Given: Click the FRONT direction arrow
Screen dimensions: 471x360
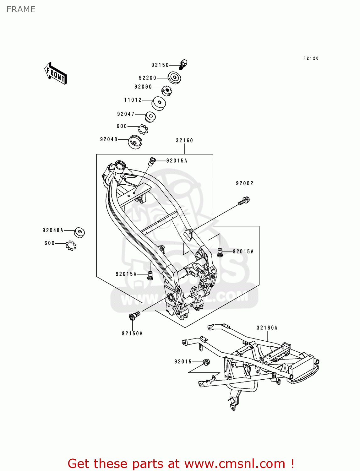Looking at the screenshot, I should [56, 73].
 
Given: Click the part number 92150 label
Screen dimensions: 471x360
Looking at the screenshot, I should [160, 65].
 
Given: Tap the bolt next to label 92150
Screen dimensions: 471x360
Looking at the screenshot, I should [183, 65].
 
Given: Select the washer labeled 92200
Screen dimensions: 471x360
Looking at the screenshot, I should [174, 78].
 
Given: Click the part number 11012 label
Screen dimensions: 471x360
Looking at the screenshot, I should [133, 100].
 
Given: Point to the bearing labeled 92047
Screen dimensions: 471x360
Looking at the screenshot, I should [150, 117].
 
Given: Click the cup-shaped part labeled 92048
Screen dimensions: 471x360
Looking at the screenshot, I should [135, 142].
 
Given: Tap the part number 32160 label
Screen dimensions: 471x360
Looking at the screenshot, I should [184, 140].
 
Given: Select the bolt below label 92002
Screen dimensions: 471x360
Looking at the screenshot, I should [244, 201].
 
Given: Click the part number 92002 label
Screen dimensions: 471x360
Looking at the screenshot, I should [245, 183].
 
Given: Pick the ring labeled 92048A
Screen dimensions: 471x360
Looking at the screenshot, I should [79, 232].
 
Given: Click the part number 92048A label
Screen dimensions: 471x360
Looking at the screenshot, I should [53, 230].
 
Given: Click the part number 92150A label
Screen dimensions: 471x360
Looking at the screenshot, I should [132, 333].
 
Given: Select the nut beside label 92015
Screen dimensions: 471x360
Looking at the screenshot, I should [206, 362].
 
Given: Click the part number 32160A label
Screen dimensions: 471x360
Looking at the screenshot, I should [267, 328].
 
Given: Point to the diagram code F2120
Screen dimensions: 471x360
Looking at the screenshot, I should [311, 58].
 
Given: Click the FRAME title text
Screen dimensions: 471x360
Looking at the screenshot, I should [21, 9].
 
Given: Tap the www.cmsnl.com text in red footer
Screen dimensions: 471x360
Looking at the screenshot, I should [235, 463].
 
